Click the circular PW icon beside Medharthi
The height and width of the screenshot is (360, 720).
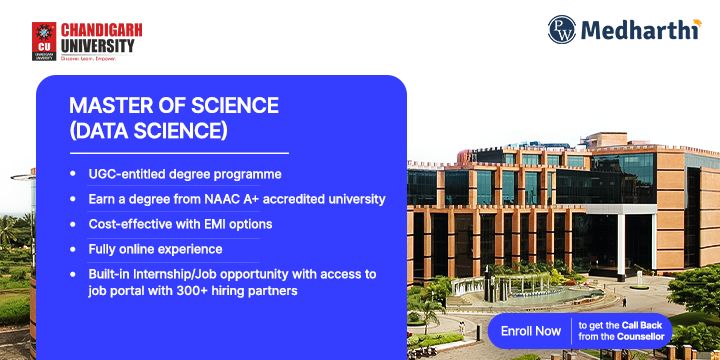(563, 30)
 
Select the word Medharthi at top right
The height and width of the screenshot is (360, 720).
(640, 30)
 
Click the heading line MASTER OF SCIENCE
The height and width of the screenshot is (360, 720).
(174, 106)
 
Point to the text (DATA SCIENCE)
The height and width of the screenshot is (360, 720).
(148, 131)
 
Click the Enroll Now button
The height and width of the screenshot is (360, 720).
(531, 330)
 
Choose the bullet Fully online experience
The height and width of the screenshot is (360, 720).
(155, 249)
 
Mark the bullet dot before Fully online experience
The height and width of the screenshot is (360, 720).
(72, 249)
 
